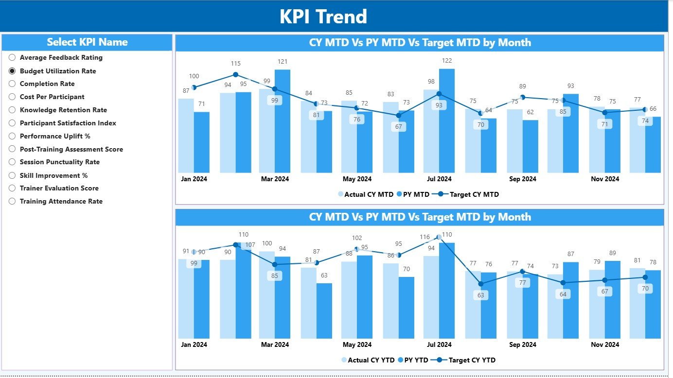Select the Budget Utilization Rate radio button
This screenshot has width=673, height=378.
click(12, 71)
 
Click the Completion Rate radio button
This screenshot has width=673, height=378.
click(12, 84)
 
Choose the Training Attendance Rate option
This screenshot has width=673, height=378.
click(12, 202)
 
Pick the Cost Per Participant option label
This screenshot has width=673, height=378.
click(52, 97)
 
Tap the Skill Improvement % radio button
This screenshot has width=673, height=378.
click(12, 175)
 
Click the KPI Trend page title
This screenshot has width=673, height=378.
click(323, 17)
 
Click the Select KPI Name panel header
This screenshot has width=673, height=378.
click(87, 42)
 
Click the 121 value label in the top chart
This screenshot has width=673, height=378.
click(283, 62)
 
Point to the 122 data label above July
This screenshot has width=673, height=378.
click(446, 61)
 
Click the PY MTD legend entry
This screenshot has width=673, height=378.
click(413, 194)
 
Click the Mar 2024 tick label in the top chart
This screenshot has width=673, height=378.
click(275, 179)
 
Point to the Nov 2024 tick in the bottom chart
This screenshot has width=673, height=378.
click(604, 344)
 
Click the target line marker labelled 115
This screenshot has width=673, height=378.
click(235, 75)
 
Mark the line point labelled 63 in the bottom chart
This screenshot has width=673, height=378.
click(481, 284)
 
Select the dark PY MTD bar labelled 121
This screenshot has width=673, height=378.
click(283, 121)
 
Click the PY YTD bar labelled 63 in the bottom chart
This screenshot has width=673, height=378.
click(324, 311)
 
